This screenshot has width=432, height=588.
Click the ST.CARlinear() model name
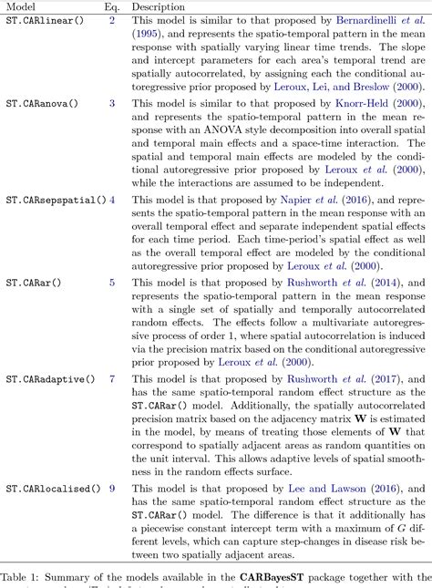click(43, 19)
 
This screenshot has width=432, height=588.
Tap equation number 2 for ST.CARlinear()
click(112, 19)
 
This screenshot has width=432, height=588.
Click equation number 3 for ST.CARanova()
click(112, 103)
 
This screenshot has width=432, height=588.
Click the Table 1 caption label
click(22, 577)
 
